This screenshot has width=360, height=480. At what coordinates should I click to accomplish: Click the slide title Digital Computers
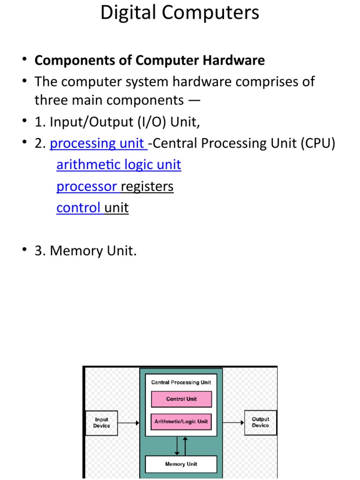[180, 13]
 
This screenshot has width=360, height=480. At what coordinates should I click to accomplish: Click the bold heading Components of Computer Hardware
[150, 60]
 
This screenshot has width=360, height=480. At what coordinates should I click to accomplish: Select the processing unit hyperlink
[98, 143]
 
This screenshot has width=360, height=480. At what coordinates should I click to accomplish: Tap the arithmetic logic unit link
[119, 165]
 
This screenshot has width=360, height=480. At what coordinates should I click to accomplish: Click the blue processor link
[87, 187]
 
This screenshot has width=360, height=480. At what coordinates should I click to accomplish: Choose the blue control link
[79, 208]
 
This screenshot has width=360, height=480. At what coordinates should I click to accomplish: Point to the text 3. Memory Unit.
[86, 251]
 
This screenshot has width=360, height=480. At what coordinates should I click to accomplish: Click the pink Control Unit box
[181, 399]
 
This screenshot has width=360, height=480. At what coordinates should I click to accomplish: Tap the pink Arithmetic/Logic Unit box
[181, 421]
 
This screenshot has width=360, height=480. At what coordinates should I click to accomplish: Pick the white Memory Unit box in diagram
[181, 464]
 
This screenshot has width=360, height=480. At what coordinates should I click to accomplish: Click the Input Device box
[101, 423]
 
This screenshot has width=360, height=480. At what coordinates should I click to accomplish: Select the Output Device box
[261, 422]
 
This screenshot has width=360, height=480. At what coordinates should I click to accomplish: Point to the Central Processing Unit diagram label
[181, 382]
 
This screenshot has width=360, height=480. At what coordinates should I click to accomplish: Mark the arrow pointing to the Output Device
[233, 422]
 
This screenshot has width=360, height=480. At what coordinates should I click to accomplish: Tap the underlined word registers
[147, 187]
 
